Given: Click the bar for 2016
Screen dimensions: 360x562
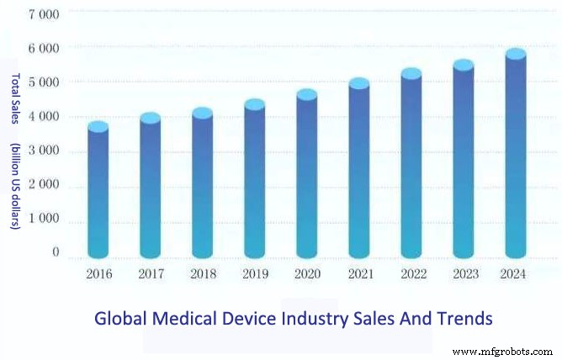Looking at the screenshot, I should [x=98, y=193].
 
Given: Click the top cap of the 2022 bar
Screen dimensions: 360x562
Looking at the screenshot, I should [x=411, y=74].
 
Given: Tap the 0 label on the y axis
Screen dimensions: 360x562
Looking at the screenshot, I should [x=56, y=252].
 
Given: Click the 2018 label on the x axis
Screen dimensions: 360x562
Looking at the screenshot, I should [x=202, y=275].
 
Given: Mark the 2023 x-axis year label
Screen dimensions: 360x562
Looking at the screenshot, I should [x=464, y=275].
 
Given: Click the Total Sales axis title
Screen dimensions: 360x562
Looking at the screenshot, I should [x=15, y=102].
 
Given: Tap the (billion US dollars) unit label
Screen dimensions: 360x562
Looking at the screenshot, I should [x=15, y=186].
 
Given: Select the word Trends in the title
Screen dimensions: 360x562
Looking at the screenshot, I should [x=461, y=319].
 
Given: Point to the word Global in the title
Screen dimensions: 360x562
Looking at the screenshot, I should [x=118, y=319].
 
